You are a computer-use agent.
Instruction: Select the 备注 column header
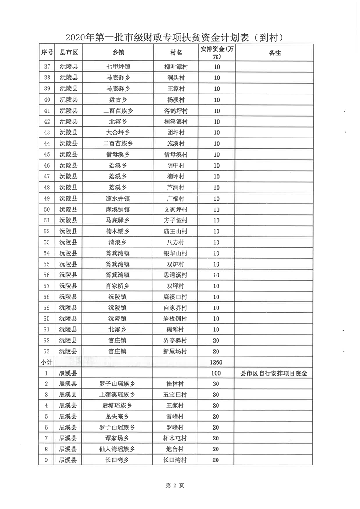(274, 53)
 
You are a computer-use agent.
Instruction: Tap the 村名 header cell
(175, 53)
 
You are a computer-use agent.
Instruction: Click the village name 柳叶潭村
(175, 67)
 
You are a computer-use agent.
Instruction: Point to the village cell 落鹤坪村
(175, 111)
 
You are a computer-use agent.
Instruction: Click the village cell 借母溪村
(175, 154)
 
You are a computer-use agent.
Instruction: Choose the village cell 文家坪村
(175, 209)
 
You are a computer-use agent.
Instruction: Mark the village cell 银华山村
(175, 253)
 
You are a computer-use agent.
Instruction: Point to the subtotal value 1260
(216, 362)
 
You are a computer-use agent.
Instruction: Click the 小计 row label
(47, 362)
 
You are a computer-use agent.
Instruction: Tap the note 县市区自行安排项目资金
(274, 374)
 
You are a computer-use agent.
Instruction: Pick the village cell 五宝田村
(175, 395)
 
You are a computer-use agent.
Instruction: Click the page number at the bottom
(175, 485)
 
